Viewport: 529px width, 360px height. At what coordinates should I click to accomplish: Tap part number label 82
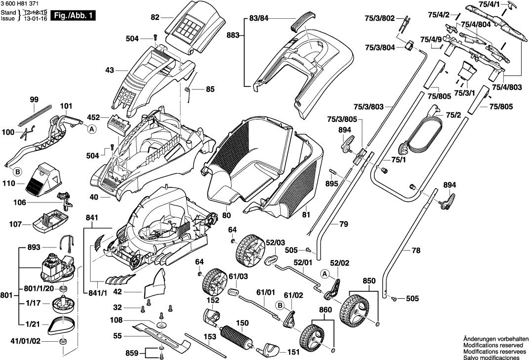(x=155, y=17)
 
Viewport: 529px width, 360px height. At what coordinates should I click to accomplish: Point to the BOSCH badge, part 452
(x=118, y=123)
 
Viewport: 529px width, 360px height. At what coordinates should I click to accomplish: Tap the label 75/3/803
(x=368, y=107)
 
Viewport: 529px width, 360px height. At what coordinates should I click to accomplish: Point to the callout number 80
(x=226, y=215)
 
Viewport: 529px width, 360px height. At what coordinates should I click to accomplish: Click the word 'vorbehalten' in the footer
(x=510, y=338)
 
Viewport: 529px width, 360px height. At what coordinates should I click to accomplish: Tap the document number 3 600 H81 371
(x=20, y=4)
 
